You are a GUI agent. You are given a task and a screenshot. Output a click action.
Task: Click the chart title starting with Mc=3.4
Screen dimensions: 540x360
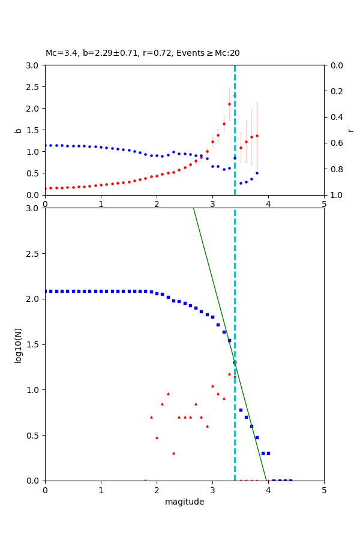(142, 53)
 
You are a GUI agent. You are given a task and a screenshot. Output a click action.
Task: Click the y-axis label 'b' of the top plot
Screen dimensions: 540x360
(18, 130)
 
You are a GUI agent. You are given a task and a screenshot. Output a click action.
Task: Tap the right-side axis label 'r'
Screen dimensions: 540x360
(351, 130)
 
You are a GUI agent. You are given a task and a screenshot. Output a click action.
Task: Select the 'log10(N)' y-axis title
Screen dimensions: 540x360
(18, 344)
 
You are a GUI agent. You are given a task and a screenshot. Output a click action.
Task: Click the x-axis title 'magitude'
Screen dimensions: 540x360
(184, 502)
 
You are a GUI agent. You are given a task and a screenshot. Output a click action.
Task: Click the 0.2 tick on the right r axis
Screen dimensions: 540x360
(334, 91)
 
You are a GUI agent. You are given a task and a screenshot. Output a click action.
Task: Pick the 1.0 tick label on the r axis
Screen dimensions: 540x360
(334, 195)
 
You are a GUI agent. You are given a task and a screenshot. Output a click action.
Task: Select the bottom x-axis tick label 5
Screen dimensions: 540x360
(324, 490)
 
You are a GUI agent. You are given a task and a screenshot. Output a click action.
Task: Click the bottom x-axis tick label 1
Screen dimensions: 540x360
(101, 490)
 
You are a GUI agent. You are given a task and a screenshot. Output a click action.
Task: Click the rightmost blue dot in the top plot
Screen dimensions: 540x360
(257, 173)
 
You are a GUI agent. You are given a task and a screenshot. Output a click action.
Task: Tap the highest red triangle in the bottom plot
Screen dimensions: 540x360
(229, 374)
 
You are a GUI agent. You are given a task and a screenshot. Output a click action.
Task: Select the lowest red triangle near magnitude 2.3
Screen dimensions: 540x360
(173, 453)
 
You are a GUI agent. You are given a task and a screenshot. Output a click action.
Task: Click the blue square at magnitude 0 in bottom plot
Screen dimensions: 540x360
(46, 291)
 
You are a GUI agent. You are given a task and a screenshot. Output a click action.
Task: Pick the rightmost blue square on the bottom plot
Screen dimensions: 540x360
(290, 481)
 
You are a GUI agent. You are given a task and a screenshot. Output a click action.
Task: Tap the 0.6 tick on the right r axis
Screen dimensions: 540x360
(334, 143)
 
